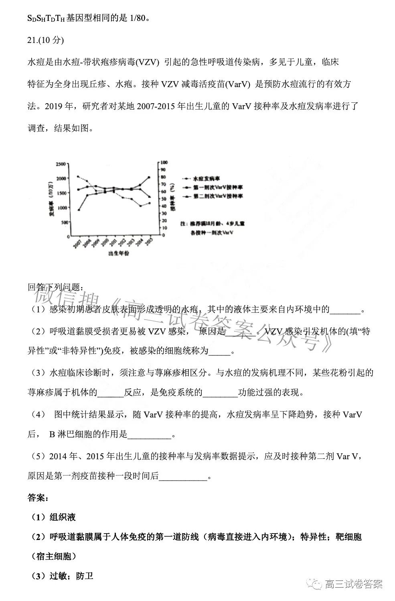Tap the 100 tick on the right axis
164,163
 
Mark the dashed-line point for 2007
78,176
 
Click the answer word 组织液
63,517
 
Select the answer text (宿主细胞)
53,556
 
